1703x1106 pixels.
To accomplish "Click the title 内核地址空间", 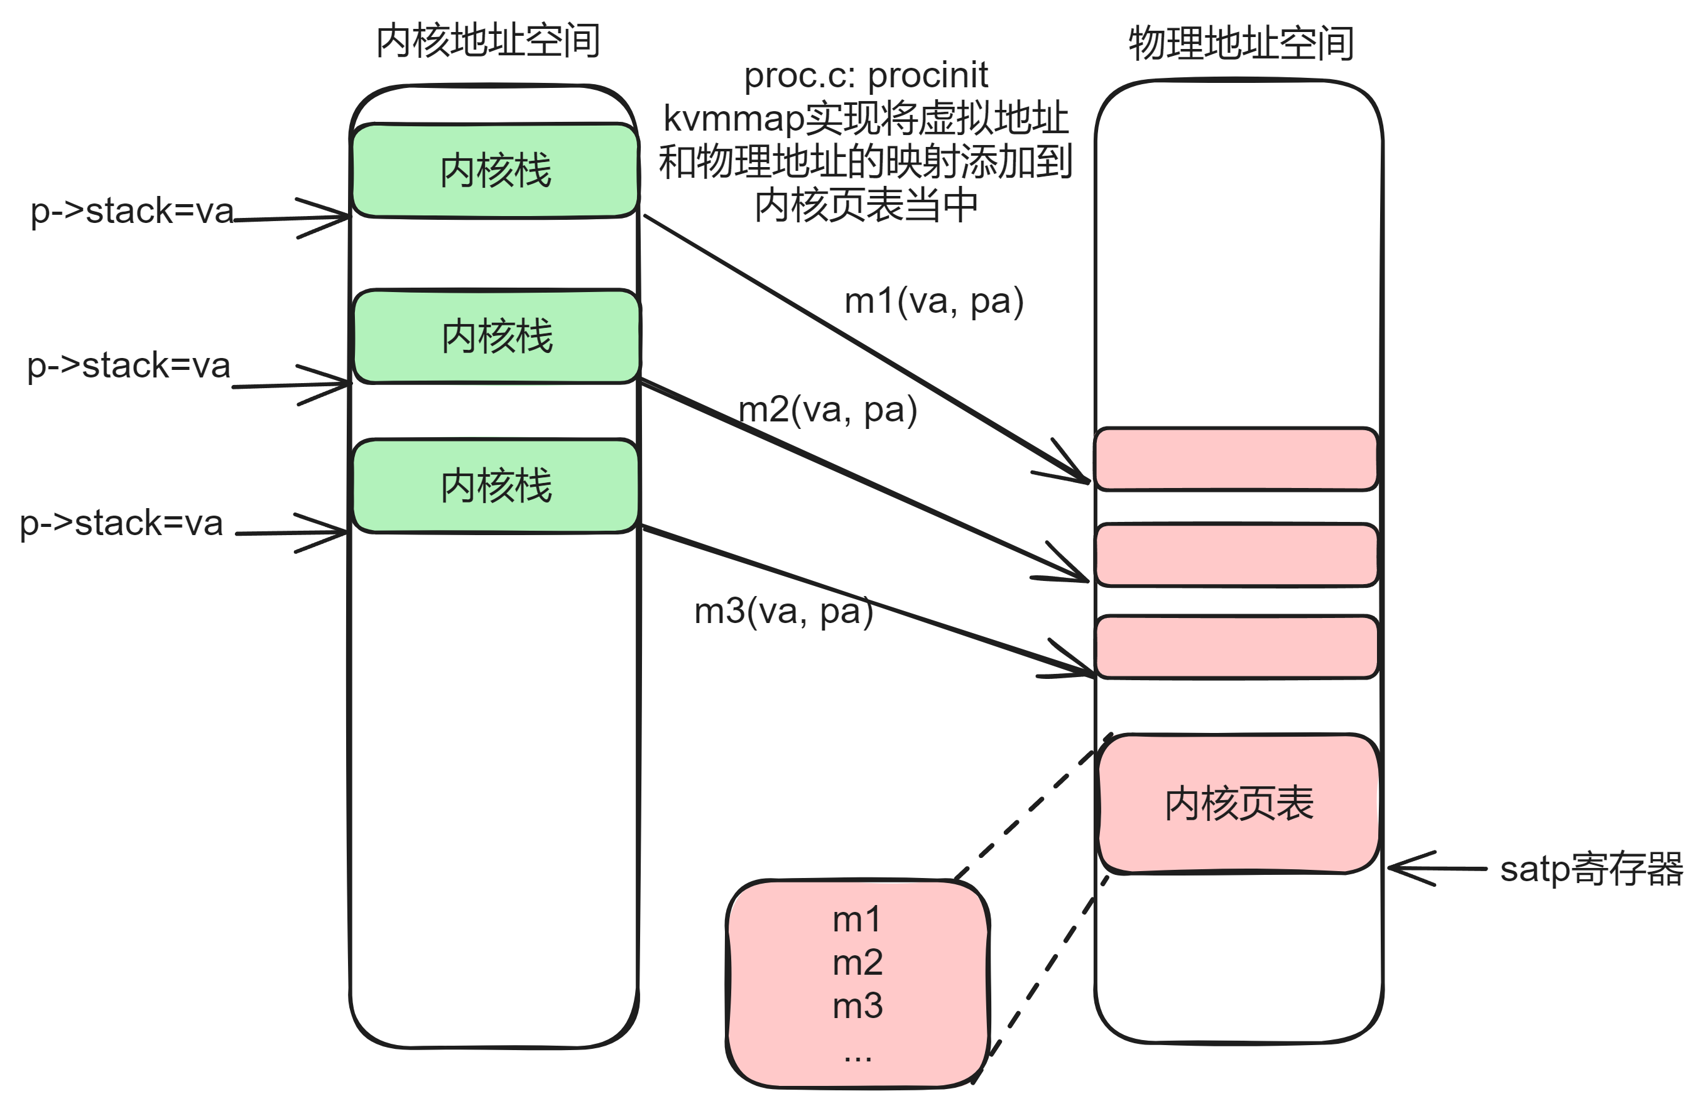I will [x=487, y=41].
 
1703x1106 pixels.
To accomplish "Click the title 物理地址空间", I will [x=1241, y=43].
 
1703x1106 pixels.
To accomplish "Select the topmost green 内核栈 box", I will [x=495, y=170].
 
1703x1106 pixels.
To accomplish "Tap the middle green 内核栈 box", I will [x=497, y=336].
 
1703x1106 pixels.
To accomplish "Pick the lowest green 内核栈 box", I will [x=495, y=485].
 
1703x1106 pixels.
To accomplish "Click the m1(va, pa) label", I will [x=933, y=301].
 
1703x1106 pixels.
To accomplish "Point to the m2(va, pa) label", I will [x=827, y=410].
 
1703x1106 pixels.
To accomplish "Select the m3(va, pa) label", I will [x=783, y=611].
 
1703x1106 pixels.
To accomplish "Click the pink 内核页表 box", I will [x=1239, y=803].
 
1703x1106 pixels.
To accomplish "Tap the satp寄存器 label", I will [x=1591, y=869].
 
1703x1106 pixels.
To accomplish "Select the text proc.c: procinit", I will [x=866, y=75].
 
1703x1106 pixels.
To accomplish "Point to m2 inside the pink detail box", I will [x=857, y=962].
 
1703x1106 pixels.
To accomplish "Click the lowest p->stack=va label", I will [x=121, y=523].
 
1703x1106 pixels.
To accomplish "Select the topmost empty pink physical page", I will [x=1236, y=459].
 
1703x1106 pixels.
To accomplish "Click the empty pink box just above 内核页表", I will [x=1236, y=647].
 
